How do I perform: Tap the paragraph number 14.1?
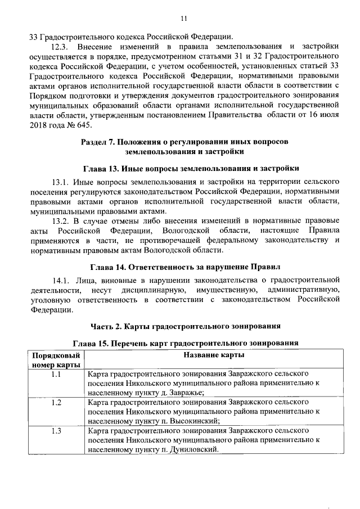(x=60, y=280)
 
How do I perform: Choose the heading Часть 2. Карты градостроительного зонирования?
(x=185, y=326)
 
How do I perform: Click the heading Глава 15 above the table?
(x=185, y=343)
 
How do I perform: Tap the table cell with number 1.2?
(x=56, y=402)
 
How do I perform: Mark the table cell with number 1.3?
(x=56, y=431)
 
